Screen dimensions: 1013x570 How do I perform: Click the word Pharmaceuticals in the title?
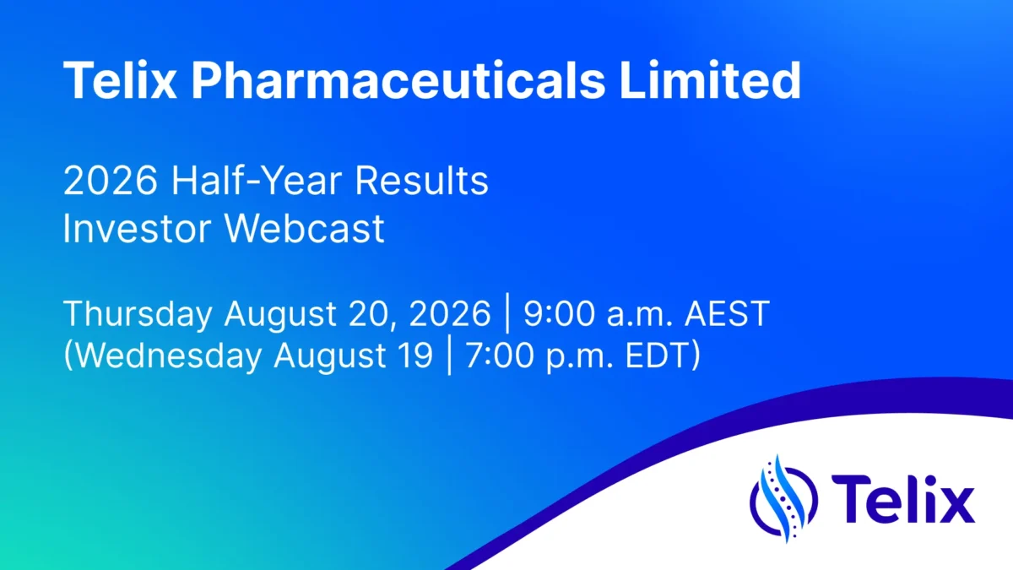pos(398,80)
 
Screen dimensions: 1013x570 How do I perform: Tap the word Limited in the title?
pos(711,79)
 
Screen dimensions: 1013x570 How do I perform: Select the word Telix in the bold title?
pos(120,79)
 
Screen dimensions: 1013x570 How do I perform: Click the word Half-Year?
pos(257,181)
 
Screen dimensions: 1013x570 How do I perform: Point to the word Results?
pos(421,181)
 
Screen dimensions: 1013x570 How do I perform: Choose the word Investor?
pos(137,229)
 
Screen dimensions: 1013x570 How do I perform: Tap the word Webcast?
pos(305,229)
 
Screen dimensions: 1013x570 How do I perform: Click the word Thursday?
pos(138,314)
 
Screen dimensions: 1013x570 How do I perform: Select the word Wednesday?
pos(168,356)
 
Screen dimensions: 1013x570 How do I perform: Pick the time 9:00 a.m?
pos(598,313)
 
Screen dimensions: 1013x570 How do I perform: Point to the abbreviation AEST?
pos(727,313)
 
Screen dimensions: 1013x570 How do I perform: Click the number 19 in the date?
pos(416,356)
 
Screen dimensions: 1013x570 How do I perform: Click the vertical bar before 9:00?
pos(507,313)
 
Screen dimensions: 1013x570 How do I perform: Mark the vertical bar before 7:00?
pos(449,356)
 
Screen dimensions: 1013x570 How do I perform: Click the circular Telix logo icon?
pos(783,499)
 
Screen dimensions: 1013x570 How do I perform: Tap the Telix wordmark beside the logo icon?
pos(902,499)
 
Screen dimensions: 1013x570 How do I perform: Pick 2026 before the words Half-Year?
pos(111,181)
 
